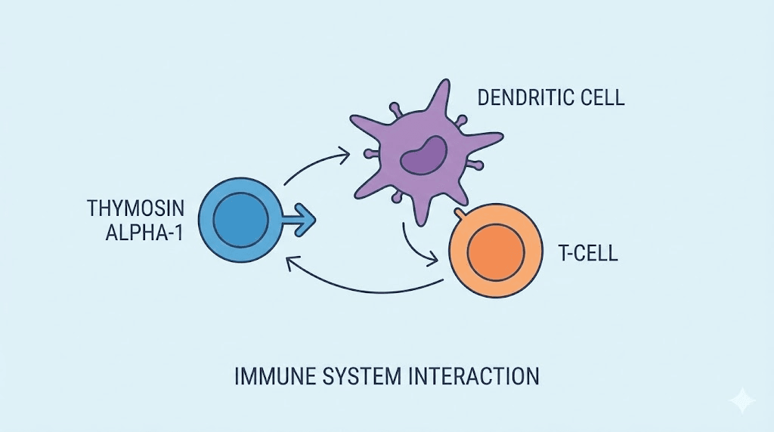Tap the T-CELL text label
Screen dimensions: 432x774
pos(588,253)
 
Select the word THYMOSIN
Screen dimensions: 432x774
pos(141,208)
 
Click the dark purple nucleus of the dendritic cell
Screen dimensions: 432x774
pos(423,153)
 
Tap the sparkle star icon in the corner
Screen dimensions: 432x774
pos(742,400)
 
